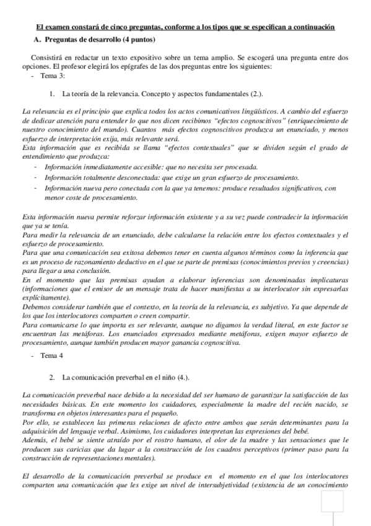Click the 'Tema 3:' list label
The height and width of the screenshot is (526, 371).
click(x=53, y=76)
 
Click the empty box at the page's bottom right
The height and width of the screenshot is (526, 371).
click(x=332, y=501)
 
